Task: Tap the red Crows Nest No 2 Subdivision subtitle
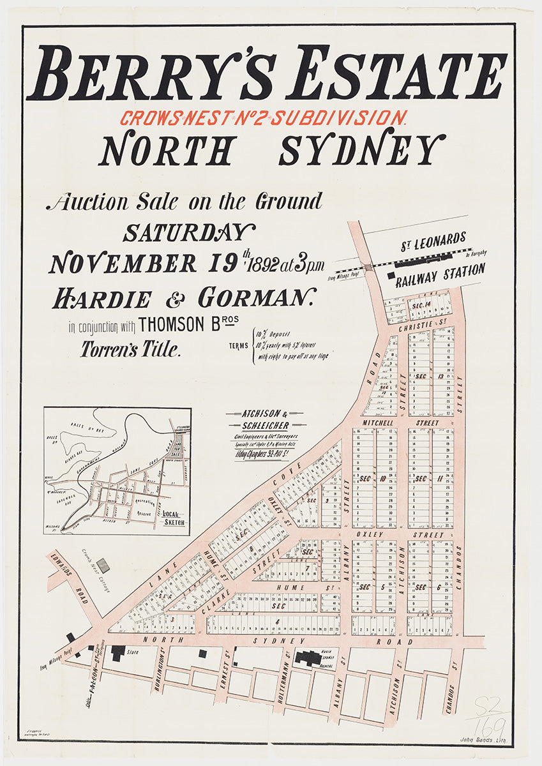click(263, 118)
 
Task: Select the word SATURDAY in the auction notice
click(189, 233)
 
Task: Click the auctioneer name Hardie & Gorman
click(184, 298)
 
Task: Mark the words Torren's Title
click(131, 350)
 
